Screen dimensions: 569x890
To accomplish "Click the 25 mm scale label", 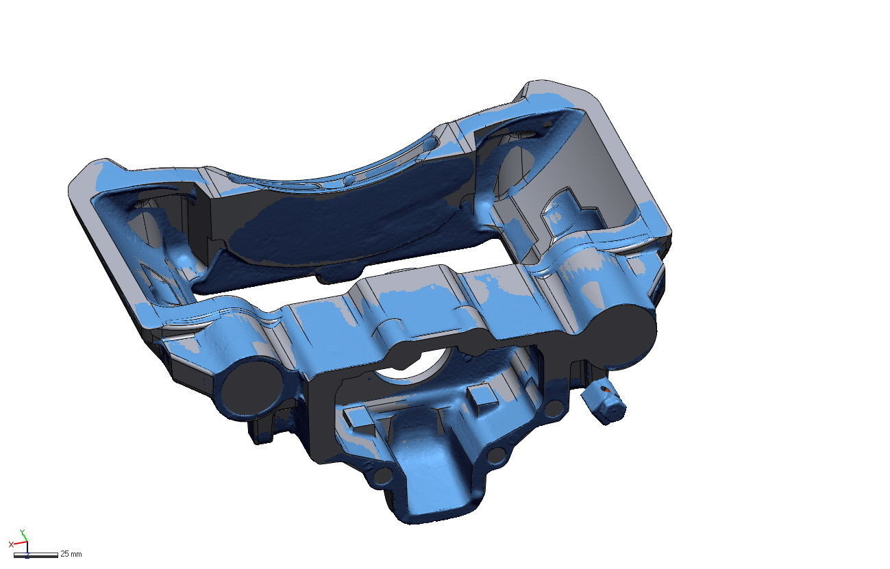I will click(71, 553).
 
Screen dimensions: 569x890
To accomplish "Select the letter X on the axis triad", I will click(11, 544).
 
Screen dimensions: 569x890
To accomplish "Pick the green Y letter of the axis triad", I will click(23, 531).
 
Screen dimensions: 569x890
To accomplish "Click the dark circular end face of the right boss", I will click(625, 329).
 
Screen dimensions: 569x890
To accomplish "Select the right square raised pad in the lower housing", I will click(482, 395).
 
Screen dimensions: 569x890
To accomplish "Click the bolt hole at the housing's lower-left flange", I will click(384, 475).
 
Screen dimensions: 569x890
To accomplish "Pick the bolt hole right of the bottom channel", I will click(498, 454).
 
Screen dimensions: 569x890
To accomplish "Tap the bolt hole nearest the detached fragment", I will click(554, 409).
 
